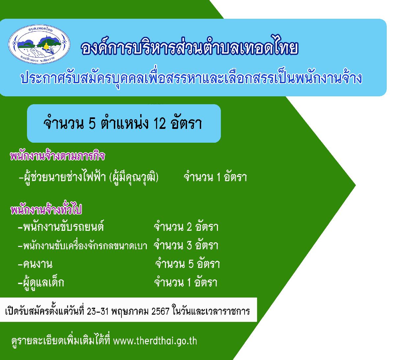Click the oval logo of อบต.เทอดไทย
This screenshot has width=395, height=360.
[39, 44]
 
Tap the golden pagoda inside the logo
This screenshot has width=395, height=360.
[46, 46]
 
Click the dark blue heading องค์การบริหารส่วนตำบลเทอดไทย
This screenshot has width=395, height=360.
[189, 47]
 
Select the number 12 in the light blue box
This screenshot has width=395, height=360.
[160, 124]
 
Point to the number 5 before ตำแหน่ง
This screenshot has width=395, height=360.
[92, 124]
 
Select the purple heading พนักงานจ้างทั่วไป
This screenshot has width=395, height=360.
[46, 209]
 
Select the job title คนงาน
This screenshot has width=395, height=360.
[38, 264]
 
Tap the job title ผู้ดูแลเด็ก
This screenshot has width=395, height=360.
[43, 283]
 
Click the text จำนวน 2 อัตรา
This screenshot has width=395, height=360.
[186, 226]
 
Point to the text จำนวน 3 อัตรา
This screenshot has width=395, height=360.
[186, 245]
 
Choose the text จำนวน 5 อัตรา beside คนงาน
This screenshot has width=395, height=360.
[188, 264]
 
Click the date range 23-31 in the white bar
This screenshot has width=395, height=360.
[98, 311]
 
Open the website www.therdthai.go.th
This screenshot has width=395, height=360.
[155, 341]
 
